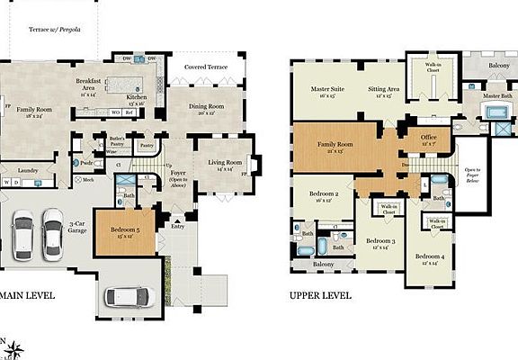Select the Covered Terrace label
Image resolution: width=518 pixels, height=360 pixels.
(x=206, y=67)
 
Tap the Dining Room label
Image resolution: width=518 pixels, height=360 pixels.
(x=207, y=107)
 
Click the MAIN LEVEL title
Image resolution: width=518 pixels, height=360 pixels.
(x=26, y=295)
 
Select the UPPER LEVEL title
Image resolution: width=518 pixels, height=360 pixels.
(x=319, y=295)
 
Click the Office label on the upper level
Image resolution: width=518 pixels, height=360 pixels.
(x=428, y=138)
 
